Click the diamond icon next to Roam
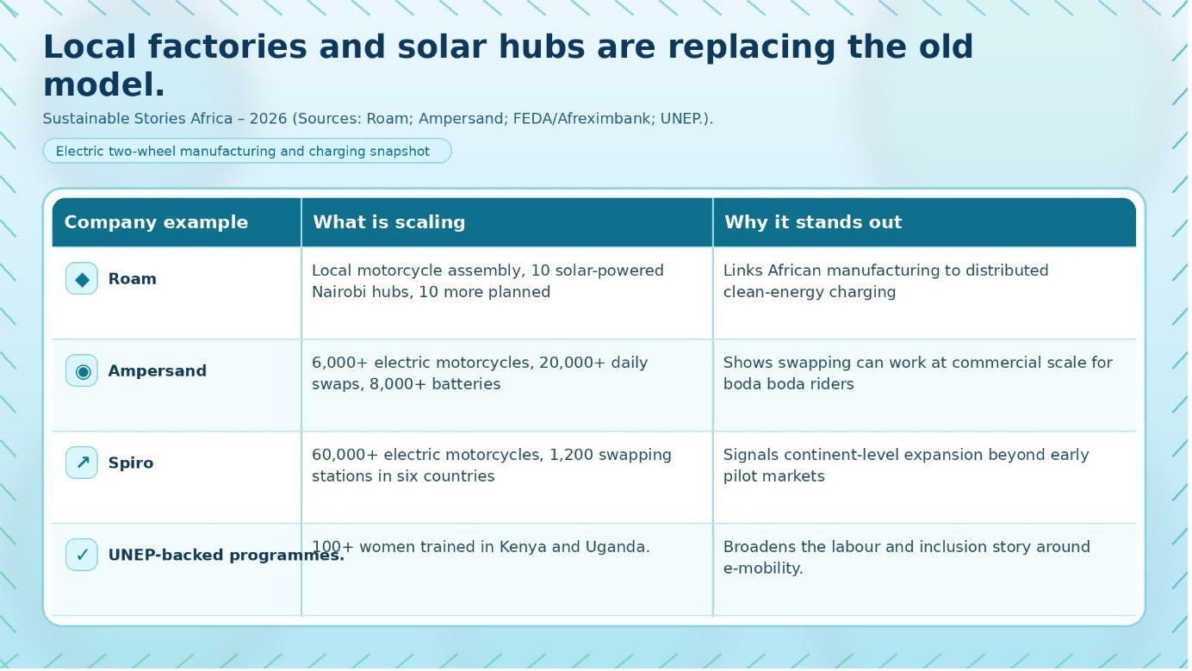[82, 279]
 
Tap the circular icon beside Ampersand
[82, 371]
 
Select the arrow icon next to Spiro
[82, 463]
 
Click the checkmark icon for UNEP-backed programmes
[82, 555]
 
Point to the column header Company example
[156, 222]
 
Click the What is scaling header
[389, 222]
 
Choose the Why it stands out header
[813, 222]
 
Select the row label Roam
[132, 279]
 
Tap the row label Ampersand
[157, 371]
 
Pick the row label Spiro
[130, 463]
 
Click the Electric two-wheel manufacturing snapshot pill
[247, 151]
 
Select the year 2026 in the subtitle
[268, 119]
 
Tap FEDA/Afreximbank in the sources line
[582, 119]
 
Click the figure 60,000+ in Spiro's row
[345, 455]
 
